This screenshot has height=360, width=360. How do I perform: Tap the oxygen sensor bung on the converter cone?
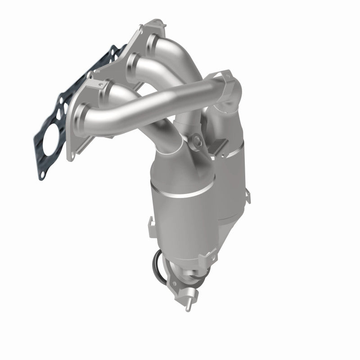[197, 142]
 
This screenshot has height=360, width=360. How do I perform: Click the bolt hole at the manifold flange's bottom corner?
[71, 154]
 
